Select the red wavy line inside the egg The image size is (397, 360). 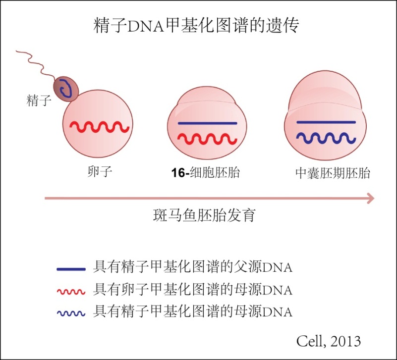99,127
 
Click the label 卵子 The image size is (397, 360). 98,173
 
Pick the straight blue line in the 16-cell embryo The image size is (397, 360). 207,122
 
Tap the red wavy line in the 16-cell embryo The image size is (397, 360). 207,138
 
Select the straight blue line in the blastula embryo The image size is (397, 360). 326,121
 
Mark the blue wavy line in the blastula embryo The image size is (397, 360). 326,138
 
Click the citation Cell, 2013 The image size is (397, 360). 329,341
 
